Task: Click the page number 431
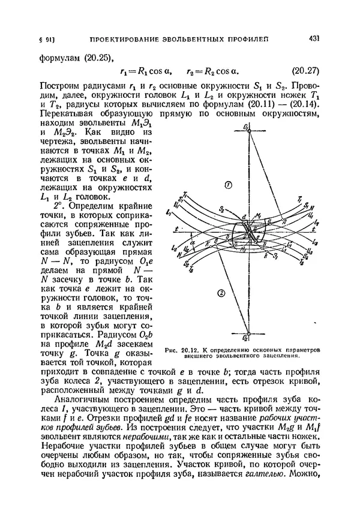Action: [x=313, y=39]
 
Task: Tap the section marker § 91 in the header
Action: [x=47, y=40]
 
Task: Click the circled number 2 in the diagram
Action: [x=221, y=293]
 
